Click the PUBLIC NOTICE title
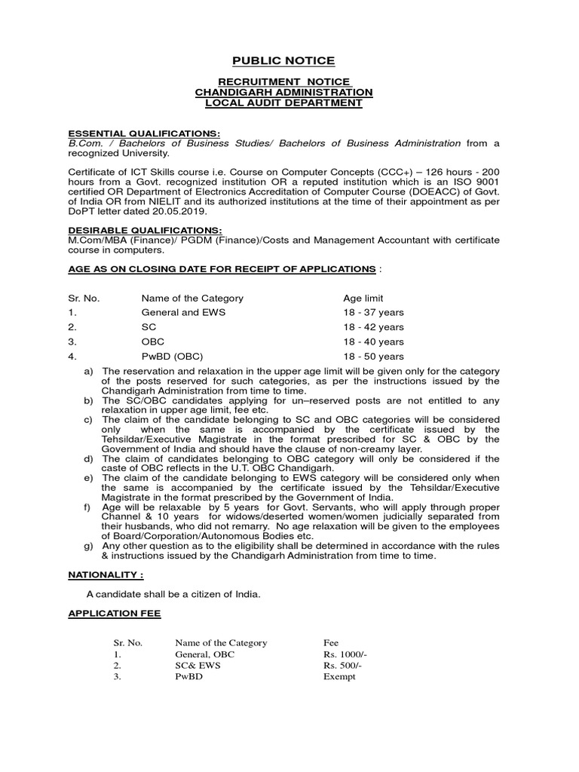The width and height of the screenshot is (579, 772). tap(283, 61)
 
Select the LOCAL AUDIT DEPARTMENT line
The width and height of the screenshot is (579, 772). tap(284, 103)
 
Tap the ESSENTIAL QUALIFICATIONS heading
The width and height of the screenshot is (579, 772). tap(145, 133)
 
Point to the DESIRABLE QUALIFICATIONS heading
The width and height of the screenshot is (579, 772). tap(145, 230)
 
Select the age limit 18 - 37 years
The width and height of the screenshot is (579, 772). tap(373, 313)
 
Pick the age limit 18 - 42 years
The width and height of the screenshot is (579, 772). tap(373, 327)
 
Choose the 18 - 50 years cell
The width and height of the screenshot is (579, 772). tap(373, 357)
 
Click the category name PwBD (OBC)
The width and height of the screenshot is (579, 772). tap(173, 357)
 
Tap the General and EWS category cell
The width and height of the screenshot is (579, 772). tap(183, 313)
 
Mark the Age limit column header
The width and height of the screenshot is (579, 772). tap(363, 298)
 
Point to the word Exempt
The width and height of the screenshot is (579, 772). tap(339, 677)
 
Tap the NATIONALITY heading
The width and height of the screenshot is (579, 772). tap(106, 574)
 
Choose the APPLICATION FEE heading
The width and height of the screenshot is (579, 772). tap(115, 614)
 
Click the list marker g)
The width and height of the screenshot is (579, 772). tap(89, 546)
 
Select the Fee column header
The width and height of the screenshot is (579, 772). tap(331, 643)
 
